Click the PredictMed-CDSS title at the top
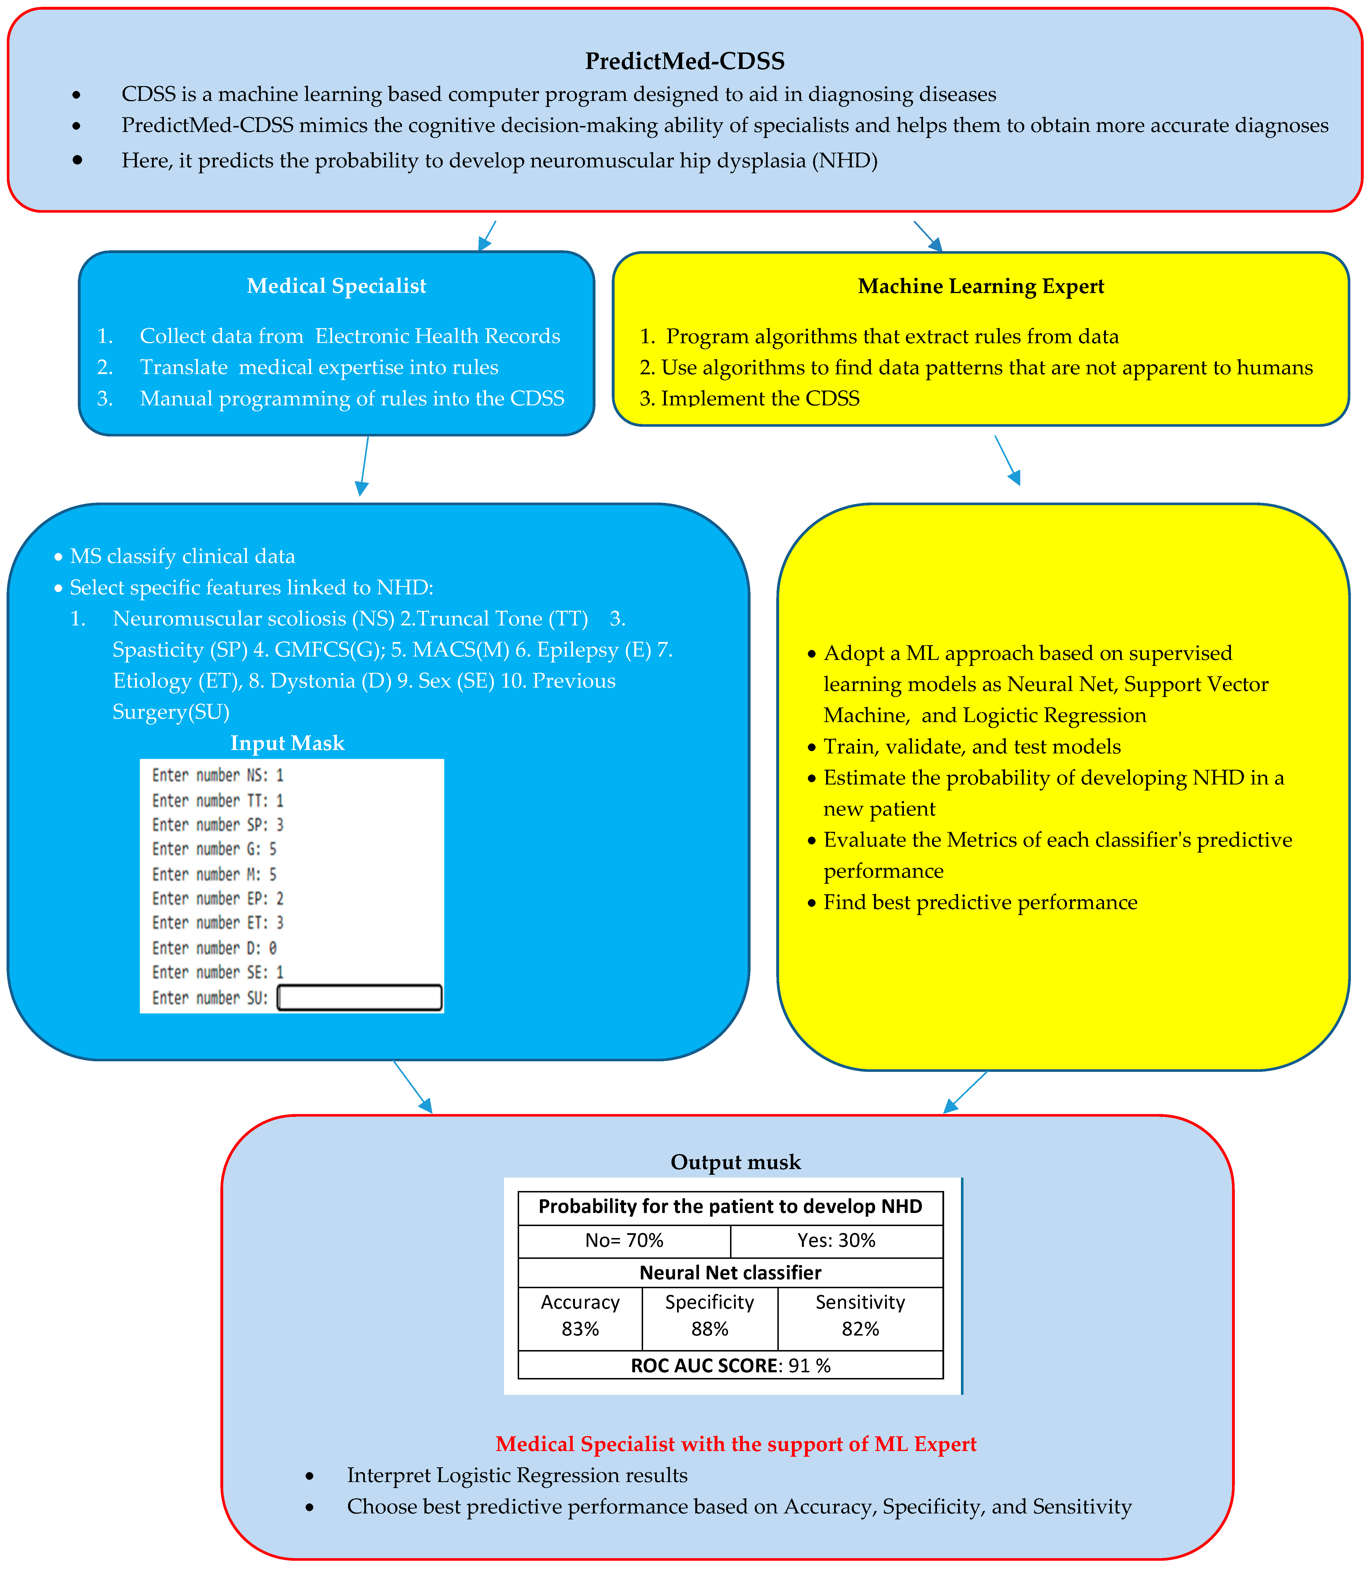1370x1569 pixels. click(x=684, y=61)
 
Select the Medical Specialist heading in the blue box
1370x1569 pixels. click(x=336, y=286)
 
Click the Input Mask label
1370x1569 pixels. click(x=287, y=743)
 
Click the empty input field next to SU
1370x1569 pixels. click(x=359, y=998)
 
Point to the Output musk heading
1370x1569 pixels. click(x=735, y=1162)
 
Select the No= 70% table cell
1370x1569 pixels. click(x=624, y=1240)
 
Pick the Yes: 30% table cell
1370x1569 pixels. click(x=836, y=1240)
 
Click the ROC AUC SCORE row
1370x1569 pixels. click(x=730, y=1366)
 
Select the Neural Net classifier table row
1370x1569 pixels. click(x=730, y=1272)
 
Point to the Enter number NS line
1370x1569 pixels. click(x=218, y=775)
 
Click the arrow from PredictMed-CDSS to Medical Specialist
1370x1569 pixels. click(x=487, y=235)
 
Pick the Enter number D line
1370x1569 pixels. click(x=214, y=948)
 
